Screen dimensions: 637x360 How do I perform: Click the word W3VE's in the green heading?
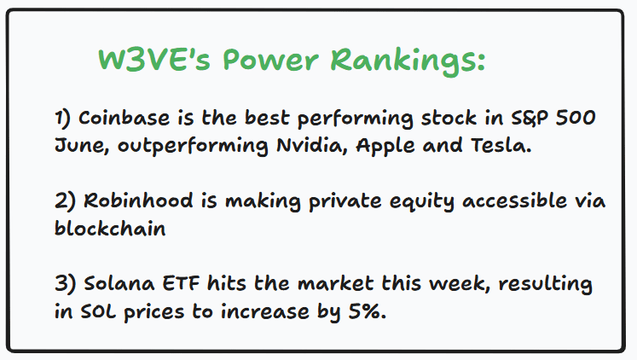point(154,60)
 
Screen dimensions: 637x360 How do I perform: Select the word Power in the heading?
point(270,60)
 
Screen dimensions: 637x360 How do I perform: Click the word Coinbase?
point(124,118)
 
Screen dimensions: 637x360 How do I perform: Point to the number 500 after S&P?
point(576,118)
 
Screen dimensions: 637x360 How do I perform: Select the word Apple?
point(385,146)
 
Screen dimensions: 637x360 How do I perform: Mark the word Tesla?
point(501,146)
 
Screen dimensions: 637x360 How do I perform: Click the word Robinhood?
point(138,200)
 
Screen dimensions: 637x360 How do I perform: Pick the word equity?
point(422,202)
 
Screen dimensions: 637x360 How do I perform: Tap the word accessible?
point(515,200)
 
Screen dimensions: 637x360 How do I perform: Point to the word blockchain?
point(110,228)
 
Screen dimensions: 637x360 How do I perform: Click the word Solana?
point(119,283)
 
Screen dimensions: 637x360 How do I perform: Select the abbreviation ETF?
point(181,283)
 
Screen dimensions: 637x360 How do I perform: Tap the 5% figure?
point(368,311)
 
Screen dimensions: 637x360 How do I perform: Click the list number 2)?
point(65,201)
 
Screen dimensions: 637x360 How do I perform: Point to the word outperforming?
point(193,146)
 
